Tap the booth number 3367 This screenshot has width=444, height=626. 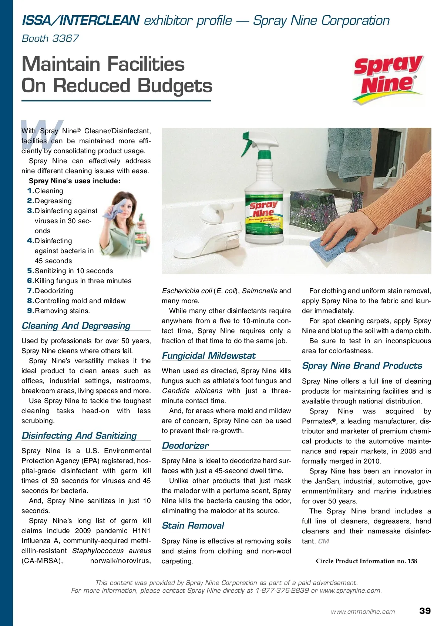pos(65,39)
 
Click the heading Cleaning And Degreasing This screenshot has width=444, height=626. pos(76,326)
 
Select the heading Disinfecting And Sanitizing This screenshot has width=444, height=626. pos(79,436)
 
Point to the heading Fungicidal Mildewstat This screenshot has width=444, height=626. pos(209,356)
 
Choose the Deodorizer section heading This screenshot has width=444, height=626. pos(185,446)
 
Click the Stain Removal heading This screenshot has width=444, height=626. pos(193,526)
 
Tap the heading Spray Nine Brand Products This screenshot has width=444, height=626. pos(362,366)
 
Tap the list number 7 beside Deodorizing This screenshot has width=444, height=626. pos(30,291)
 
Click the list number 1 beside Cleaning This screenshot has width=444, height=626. pos(30,191)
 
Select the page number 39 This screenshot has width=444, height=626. pos(425,611)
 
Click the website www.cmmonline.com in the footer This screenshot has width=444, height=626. pos(363,612)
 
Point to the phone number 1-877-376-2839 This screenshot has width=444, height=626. pos(282,590)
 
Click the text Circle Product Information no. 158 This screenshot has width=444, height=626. pos(366,561)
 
